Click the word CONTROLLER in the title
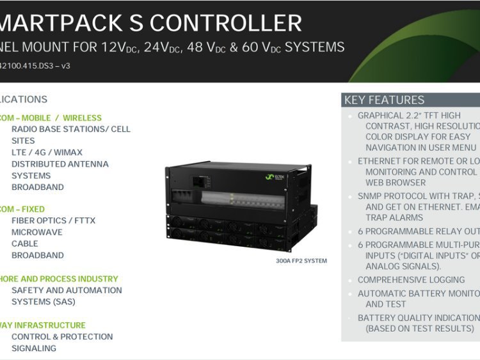tap(225, 23)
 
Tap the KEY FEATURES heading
tap(384, 100)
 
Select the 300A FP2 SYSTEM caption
tap(301, 261)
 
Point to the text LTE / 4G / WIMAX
tap(47, 152)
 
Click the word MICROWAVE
tap(36, 232)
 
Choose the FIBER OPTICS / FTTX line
tap(53, 221)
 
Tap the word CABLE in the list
tap(24, 244)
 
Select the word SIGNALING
tap(33, 348)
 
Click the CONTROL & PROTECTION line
tap(61, 337)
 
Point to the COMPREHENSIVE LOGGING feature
tap(411, 280)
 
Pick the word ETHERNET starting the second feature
tap(378, 162)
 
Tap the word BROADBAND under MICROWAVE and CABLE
tap(37, 255)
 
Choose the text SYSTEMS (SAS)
tap(43, 302)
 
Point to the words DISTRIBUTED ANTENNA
tap(60, 164)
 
